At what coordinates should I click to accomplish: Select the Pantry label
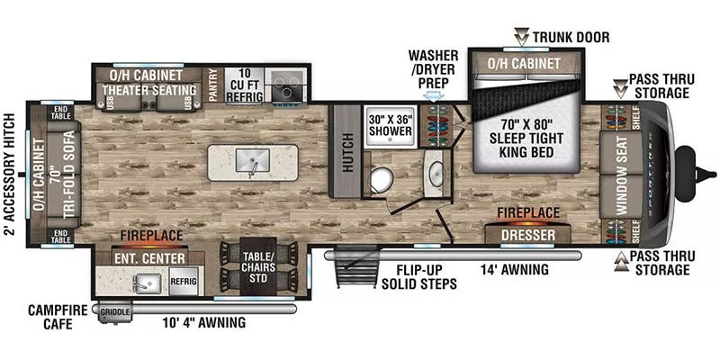[x=213, y=85]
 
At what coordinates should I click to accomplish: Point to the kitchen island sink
[x=254, y=162]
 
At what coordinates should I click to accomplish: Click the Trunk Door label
[x=570, y=37]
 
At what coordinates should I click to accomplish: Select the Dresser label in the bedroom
[x=527, y=235]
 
